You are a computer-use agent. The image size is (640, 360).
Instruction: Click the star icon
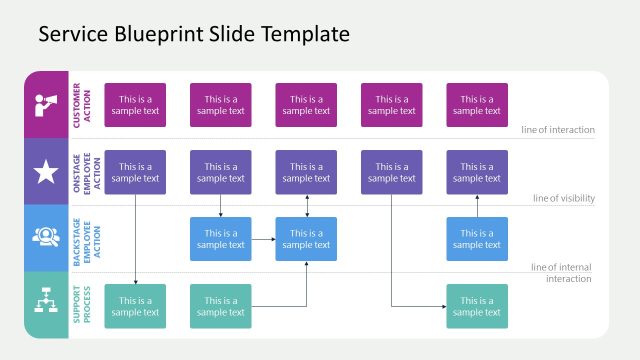click(46, 172)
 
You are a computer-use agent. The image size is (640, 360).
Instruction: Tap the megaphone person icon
click(46, 104)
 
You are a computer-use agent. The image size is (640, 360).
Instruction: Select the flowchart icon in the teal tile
click(46, 305)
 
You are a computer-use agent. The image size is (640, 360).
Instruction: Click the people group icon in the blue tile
click(46, 238)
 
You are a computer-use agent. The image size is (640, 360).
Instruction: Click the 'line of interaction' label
click(557, 130)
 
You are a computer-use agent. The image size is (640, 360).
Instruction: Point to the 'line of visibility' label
click(563, 198)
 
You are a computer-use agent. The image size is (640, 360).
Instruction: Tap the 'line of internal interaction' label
click(561, 272)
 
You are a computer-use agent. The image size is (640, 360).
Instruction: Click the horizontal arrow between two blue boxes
click(263, 239)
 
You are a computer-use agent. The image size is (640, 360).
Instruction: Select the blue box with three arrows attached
click(306, 239)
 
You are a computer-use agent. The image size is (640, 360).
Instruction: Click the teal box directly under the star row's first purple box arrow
click(135, 306)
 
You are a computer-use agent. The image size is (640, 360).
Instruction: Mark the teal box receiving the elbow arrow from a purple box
click(476, 306)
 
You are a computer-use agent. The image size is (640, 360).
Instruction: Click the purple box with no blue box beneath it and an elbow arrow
click(391, 172)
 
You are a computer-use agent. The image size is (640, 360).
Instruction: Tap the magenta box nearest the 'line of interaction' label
click(476, 105)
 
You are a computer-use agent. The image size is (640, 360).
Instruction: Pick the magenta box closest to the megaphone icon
click(135, 105)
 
